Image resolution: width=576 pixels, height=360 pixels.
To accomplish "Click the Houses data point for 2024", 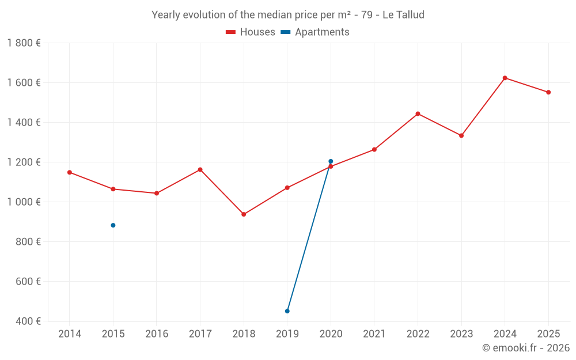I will (x=505, y=78).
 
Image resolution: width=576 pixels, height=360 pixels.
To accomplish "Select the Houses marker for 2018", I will (x=244, y=214).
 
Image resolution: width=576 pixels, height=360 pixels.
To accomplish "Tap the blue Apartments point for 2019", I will (x=287, y=311).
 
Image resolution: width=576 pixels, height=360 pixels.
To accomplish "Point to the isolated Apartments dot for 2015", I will (x=113, y=225).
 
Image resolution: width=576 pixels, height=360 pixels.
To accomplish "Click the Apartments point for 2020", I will (x=331, y=161).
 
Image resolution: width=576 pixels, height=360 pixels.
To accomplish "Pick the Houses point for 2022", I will (x=418, y=113).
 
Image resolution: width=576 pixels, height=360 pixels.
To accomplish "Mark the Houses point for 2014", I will (x=70, y=172).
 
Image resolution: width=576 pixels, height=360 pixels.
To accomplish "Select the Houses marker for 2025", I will (x=548, y=92).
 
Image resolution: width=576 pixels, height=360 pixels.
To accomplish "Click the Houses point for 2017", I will (x=200, y=169).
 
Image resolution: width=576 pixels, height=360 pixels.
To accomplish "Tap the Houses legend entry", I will (x=251, y=32).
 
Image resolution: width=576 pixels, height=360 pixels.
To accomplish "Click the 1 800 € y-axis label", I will (x=24, y=43).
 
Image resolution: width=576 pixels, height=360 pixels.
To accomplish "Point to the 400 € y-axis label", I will (x=28, y=321).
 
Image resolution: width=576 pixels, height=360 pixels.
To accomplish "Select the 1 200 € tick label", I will (x=24, y=162).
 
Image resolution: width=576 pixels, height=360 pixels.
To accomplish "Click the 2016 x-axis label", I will (x=157, y=334).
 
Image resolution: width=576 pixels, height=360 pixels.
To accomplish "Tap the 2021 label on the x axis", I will (x=374, y=334).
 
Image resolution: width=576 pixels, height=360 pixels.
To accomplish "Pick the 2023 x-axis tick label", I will (x=461, y=334).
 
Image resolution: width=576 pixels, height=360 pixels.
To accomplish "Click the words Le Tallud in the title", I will (x=403, y=15).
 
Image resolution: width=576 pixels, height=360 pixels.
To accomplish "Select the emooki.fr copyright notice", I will (x=525, y=348).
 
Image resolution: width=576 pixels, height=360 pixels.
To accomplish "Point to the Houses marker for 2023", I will (x=461, y=135).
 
